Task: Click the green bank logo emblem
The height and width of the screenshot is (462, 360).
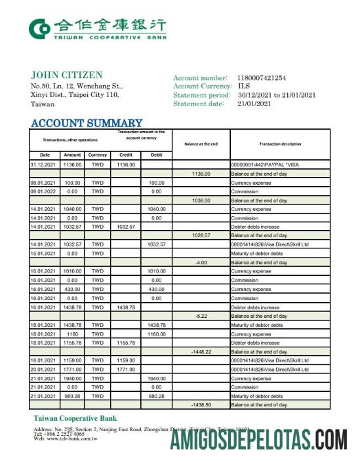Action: point(39,28)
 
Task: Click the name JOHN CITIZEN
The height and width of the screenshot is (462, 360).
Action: point(66,75)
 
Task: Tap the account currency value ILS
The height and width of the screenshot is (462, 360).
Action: point(244,87)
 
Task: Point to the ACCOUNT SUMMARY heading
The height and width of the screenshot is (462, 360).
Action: point(87,123)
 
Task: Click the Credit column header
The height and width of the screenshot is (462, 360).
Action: point(125,155)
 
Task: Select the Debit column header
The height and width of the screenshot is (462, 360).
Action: point(155,155)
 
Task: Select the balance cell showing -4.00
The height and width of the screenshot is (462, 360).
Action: point(201,263)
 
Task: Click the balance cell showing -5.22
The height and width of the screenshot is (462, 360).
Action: point(201,316)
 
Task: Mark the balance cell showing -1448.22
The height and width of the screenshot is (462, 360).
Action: point(201,351)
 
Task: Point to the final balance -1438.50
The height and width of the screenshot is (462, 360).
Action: point(201,405)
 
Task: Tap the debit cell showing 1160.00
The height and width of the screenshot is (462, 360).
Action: point(156,334)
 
